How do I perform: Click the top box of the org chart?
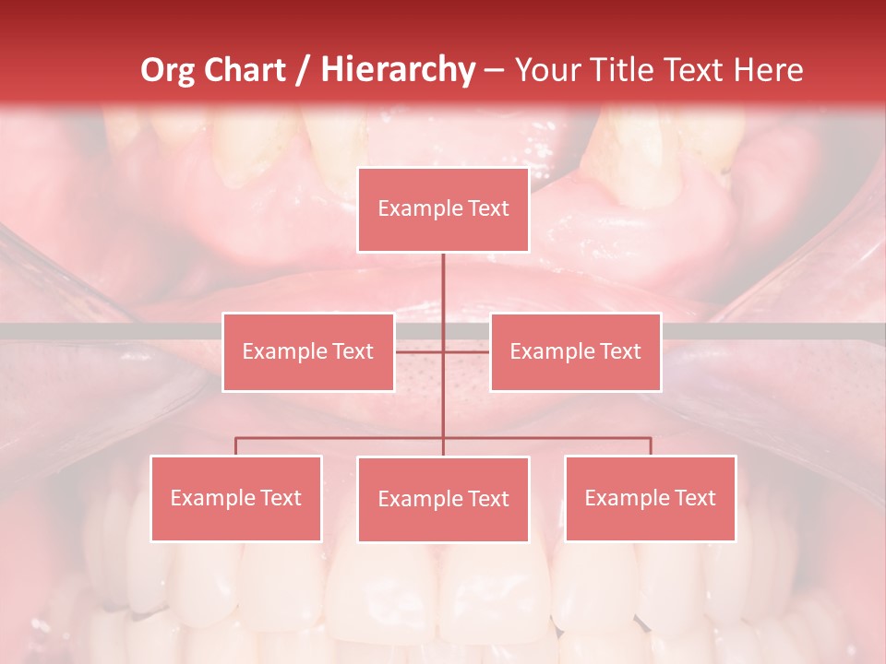[x=443, y=209]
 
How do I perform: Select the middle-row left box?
[x=307, y=351]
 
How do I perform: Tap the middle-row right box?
[x=575, y=351]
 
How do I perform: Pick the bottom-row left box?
[x=235, y=498]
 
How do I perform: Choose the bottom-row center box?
[x=443, y=499]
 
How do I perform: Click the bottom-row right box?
[x=650, y=498]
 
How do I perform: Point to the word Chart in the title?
[x=243, y=70]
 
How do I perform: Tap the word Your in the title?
[x=545, y=70]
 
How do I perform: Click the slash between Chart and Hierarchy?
[x=301, y=70]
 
